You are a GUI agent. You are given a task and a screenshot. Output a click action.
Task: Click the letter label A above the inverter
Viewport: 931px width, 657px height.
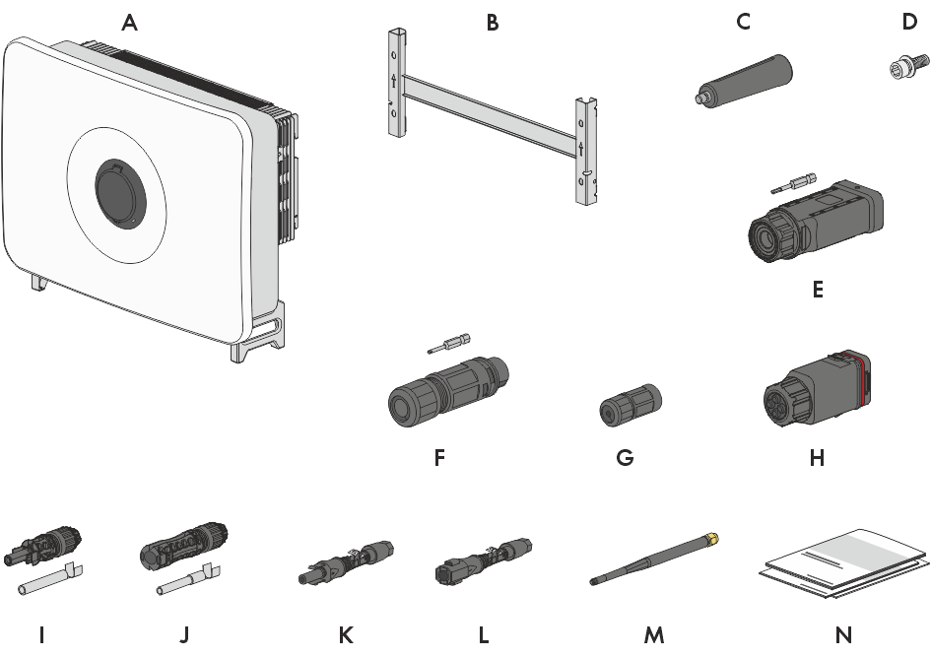pyautogui.click(x=129, y=23)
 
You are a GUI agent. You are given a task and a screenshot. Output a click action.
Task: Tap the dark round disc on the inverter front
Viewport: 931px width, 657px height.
pyautogui.click(x=120, y=193)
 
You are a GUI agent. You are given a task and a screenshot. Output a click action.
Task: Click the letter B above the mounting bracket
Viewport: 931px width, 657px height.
pyautogui.click(x=493, y=23)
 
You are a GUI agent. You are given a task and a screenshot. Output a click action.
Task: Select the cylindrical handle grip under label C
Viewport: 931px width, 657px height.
pyautogui.click(x=744, y=80)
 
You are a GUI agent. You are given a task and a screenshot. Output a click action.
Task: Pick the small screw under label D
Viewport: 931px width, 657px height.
pyautogui.click(x=906, y=66)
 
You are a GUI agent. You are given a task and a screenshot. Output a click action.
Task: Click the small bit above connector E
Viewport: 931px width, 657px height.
pyautogui.click(x=793, y=183)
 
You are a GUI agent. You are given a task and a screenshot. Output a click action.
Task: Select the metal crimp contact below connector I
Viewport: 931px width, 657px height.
pyautogui.click(x=50, y=579)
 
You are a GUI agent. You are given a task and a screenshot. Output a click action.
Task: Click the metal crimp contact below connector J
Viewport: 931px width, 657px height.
pyautogui.click(x=189, y=580)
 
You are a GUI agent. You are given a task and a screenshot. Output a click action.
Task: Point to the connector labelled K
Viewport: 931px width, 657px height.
pyautogui.click(x=346, y=562)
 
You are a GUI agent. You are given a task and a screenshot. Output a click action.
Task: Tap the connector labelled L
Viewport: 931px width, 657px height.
pyautogui.click(x=484, y=561)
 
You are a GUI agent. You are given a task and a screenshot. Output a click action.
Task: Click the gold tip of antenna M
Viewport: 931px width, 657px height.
pyautogui.click(x=713, y=538)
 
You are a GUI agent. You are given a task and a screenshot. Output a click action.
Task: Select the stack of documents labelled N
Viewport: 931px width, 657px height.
pyautogui.click(x=843, y=563)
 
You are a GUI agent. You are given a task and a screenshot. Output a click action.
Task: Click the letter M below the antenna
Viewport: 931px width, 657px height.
pyautogui.click(x=654, y=635)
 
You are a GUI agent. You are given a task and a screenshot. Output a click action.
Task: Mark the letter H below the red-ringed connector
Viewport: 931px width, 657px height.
pyautogui.click(x=817, y=458)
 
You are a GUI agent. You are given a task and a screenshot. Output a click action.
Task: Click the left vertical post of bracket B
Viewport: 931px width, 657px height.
pyautogui.click(x=398, y=82)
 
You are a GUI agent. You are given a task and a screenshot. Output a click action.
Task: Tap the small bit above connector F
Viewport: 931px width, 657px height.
pyautogui.click(x=449, y=343)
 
